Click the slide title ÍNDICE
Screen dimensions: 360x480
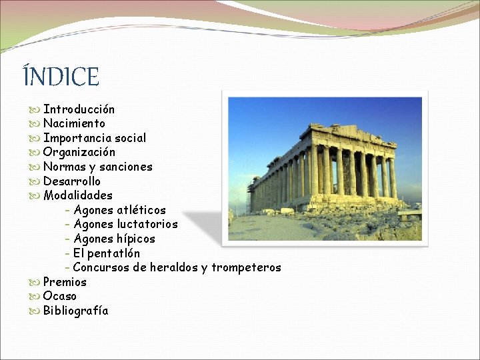(x=61, y=77)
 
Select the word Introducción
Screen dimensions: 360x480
(x=79, y=109)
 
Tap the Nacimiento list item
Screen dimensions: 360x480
(x=74, y=123)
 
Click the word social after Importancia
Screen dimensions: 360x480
(x=130, y=138)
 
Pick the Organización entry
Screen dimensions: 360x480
(x=79, y=152)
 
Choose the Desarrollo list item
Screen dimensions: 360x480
(x=72, y=181)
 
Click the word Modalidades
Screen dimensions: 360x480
(x=78, y=195)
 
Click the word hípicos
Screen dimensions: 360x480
(x=135, y=239)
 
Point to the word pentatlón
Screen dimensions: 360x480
(x=113, y=253)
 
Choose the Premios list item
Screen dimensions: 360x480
(x=65, y=282)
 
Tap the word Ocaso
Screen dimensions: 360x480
(x=60, y=296)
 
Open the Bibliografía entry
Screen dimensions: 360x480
(x=75, y=311)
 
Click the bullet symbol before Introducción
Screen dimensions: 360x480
(x=35, y=109)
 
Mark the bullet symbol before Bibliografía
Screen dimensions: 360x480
(x=35, y=311)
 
